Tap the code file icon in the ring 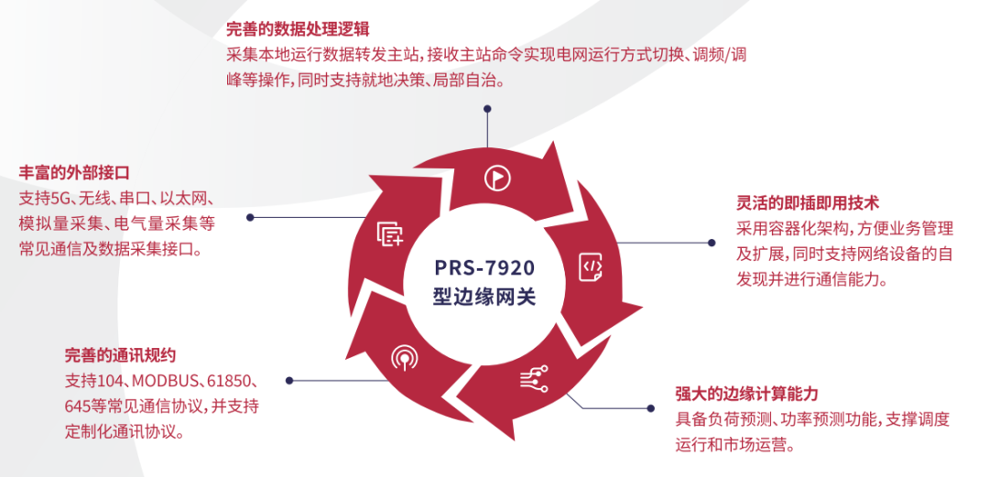[x=592, y=266]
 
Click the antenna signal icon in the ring [x=404, y=357]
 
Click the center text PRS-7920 [x=484, y=268]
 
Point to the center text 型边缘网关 [x=484, y=298]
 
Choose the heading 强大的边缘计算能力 [x=746, y=394]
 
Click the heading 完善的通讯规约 [x=120, y=354]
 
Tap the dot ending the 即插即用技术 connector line [x=712, y=243]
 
